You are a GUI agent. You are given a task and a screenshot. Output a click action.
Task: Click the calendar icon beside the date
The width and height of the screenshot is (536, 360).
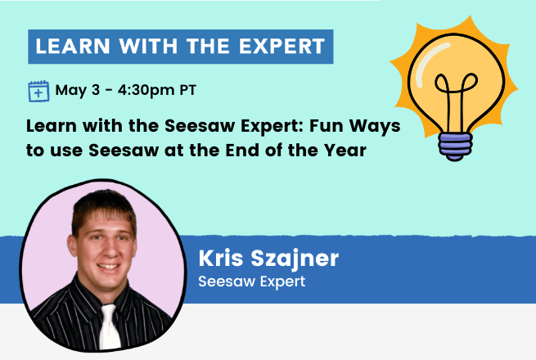pyautogui.click(x=39, y=90)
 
